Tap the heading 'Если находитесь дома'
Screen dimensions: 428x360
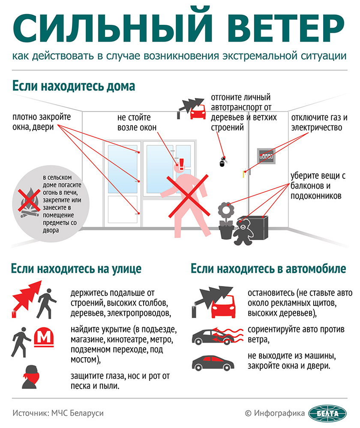pos(74,86)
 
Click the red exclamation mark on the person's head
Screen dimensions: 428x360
pos(181,163)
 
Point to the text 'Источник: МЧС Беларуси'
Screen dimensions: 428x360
pos(58,413)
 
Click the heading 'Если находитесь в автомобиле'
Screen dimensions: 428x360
pos(268,269)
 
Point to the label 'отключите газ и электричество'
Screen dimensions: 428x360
pos(319,122)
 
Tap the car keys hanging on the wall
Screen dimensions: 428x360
pos(222,162)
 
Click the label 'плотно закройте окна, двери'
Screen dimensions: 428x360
pos(42,122)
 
